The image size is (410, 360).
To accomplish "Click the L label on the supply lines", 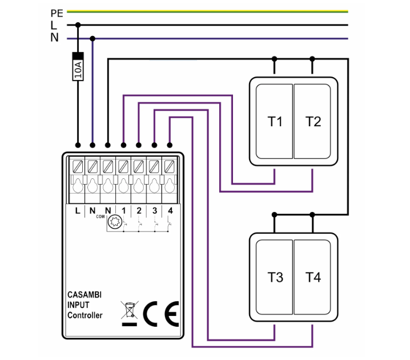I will [54, 25].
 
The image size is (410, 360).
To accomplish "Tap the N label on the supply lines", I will [54, 38].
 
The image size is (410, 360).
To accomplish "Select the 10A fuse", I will [78, 67].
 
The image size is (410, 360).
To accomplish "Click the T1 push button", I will [275, 121].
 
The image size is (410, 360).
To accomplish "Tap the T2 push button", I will [313, 121].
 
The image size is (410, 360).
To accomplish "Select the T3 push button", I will [275, 278].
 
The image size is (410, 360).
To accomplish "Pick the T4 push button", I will [313, 278].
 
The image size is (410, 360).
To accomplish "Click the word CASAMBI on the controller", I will [85, 295].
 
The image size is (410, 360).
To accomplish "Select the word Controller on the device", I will [85, 315].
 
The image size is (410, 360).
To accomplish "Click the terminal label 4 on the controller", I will [170, 210].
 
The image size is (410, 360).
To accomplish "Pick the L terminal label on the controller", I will [78, 210].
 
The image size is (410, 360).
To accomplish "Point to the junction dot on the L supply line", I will [78, 25].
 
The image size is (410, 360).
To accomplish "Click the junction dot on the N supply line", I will [93, 38].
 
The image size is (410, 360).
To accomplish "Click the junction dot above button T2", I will [312, 58].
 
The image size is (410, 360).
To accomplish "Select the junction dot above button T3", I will [275, 215].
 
